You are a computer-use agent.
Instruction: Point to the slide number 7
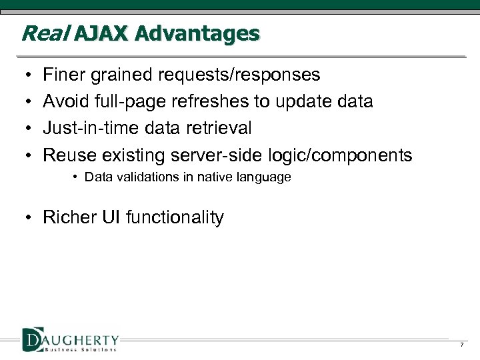[461, 345]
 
